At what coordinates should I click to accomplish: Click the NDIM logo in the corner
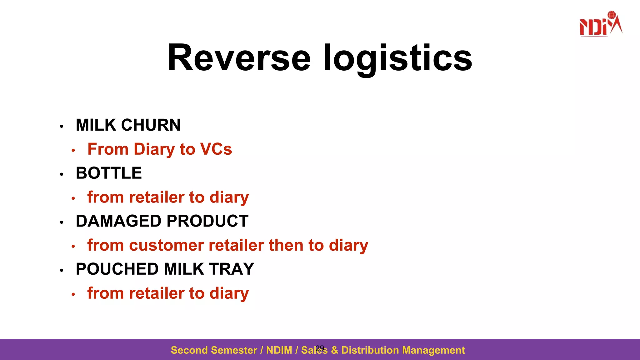pyautogui.click(x=600, y=24)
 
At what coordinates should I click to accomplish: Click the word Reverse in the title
pyautogui.click(x=239, y=58)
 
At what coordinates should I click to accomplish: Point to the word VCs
pyautogui.click(x=216, y=149)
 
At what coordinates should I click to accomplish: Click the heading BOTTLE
pyautogui.click(x=109, y=173)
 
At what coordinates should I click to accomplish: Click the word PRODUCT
pyautogui.click(x=207, y=221)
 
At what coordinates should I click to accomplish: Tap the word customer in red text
pyautogui.click(x=166, y=245)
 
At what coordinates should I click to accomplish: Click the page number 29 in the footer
pyautogui.click(x=320, y=348)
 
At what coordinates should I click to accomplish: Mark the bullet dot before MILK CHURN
pyautogui.click(x=62, y=127)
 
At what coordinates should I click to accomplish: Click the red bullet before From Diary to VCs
pyautogui.click(x=73, y=151)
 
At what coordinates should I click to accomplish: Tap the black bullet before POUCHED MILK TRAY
pyautogui.click(x=62, y=270)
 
